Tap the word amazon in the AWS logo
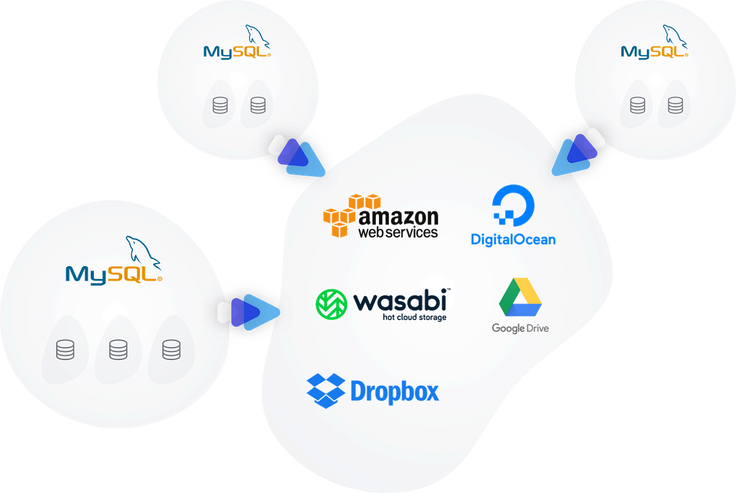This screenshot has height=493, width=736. tap(399, 217)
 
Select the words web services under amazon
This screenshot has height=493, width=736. tap(398, 232)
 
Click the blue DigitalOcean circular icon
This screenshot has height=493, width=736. tap(514, 206)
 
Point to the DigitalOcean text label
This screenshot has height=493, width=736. tap(513, 239)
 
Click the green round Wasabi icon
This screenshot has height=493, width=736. tap(331, 304)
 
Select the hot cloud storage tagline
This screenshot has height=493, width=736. tap(415, 317)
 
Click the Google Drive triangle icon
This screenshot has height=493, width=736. tap(520, 298)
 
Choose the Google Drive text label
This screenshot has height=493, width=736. tap(520, 328)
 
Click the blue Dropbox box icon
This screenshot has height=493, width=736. tap(324, 390)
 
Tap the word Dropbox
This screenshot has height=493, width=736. tap(395, 391)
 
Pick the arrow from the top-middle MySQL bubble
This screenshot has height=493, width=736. tap(298, 155)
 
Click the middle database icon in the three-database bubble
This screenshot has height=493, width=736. tap(117, 350)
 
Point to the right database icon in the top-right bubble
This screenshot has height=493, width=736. tap(675, 105)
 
